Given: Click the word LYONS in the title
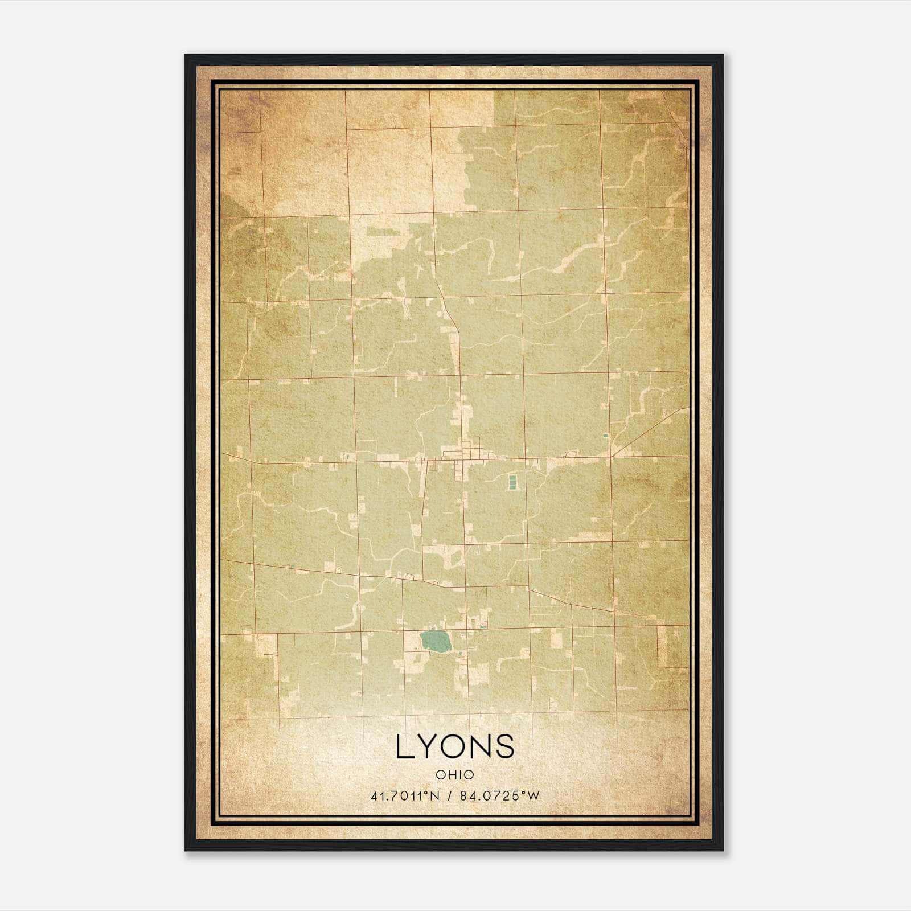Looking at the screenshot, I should click(455, 746).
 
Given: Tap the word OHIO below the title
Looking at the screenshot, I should click(455, 775).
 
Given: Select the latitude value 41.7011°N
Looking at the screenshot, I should click(405, 796).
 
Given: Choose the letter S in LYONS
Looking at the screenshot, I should click(506, 746).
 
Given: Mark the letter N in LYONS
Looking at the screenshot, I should click(482, 746).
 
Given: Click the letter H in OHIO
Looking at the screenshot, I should click(450, 775).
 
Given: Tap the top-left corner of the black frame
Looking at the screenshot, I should click(186, 56).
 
